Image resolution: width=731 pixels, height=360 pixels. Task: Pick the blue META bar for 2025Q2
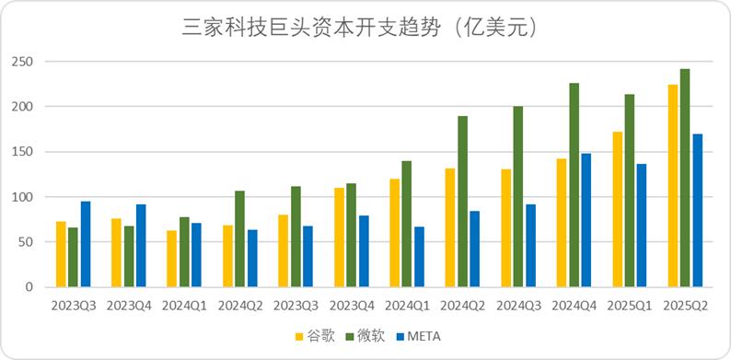(x=697, y=211)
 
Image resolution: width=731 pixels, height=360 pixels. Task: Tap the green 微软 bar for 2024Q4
(x=574, y=185)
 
